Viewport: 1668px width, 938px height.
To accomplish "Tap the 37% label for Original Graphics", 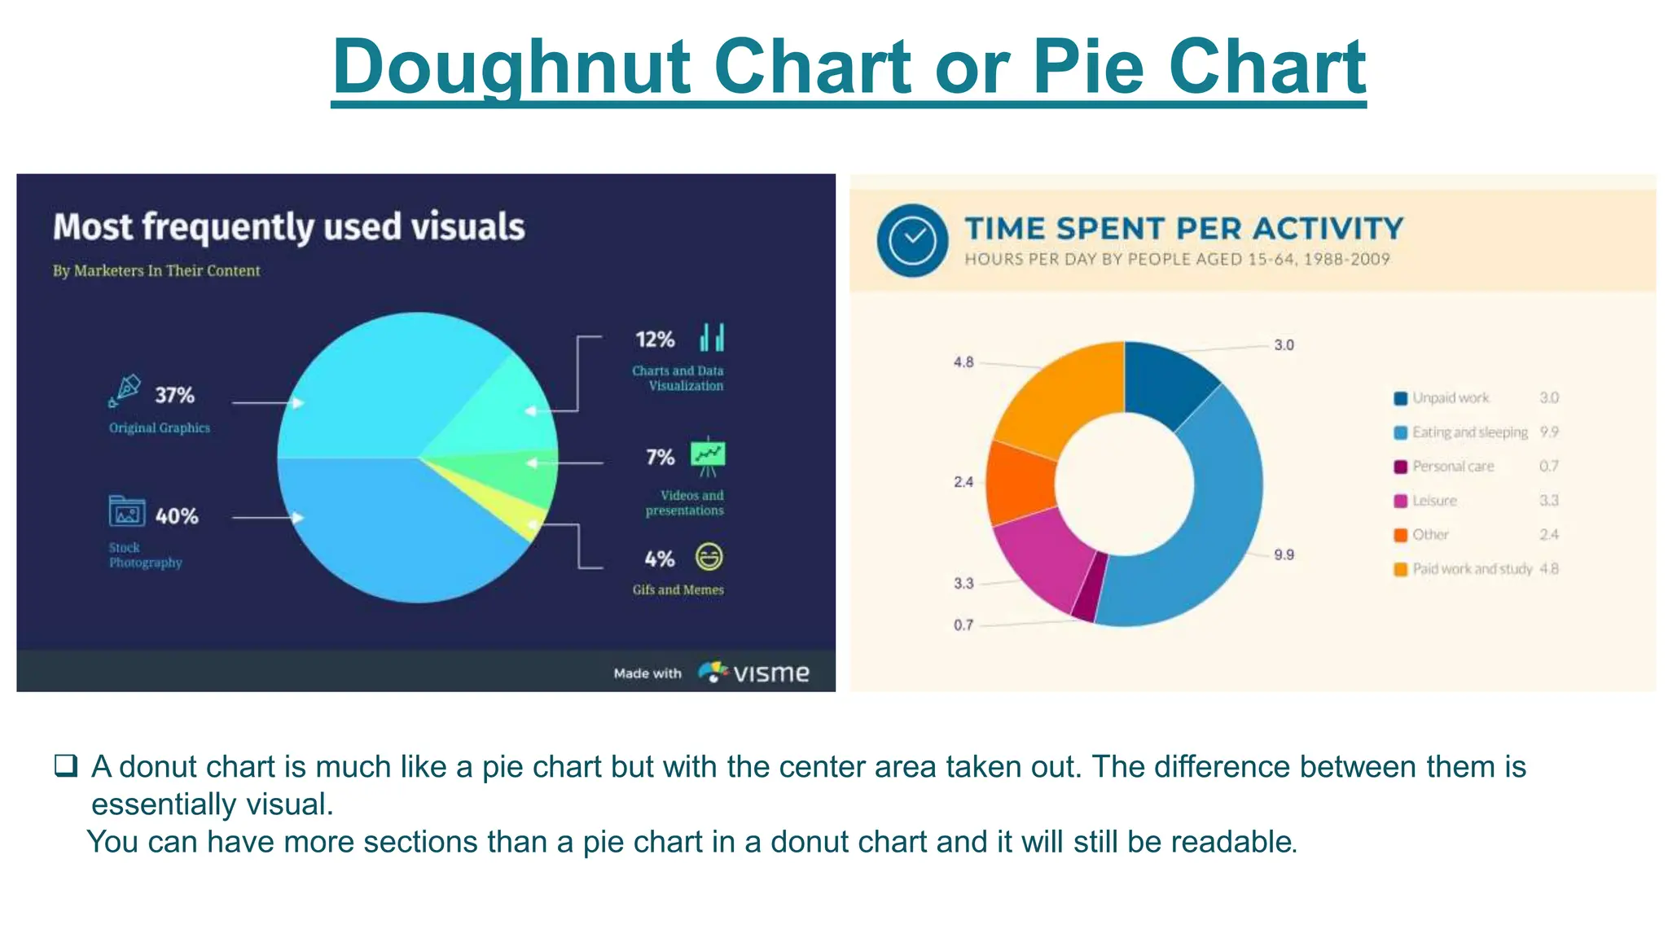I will (175, 396).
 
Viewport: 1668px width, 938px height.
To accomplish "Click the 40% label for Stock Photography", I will (177, 516).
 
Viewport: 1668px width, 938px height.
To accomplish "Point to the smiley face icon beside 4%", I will (709, 558).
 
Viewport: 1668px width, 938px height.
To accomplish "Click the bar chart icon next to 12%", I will (712, 337).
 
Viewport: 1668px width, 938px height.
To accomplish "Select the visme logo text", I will (770, 673).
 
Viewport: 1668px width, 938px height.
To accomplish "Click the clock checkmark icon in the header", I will (912, 239).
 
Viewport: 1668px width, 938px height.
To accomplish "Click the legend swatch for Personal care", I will (1401, 467).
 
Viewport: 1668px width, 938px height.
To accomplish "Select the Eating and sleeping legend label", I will (1470, 432).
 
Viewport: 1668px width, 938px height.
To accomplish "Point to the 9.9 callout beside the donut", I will (1284, 554).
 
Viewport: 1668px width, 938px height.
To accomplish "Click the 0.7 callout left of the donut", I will (963, 625).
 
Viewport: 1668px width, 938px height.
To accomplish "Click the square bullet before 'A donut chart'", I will (66, 765).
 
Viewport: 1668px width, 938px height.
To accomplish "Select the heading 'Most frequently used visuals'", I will (289, 227).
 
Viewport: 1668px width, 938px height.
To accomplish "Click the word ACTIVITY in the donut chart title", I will (1328, 229).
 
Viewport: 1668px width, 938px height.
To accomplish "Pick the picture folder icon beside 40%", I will (127, 512).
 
